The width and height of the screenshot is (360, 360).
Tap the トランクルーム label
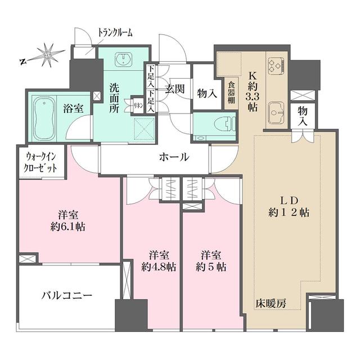click(115, 32)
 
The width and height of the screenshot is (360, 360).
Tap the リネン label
click(137, 105)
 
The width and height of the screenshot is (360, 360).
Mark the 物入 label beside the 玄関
click(208, 93)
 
